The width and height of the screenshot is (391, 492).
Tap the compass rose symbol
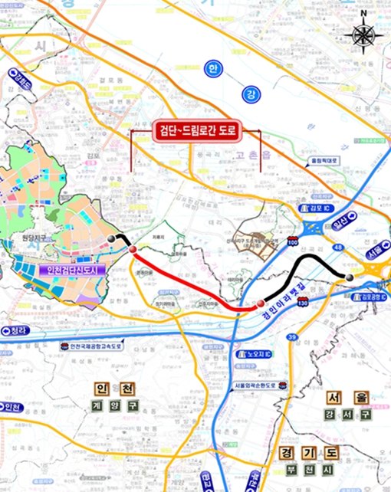pos(363,34)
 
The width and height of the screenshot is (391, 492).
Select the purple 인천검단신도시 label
pos(74,270)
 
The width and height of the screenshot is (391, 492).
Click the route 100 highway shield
pos(293,241)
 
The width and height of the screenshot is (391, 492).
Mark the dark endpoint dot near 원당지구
pos(112,239)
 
